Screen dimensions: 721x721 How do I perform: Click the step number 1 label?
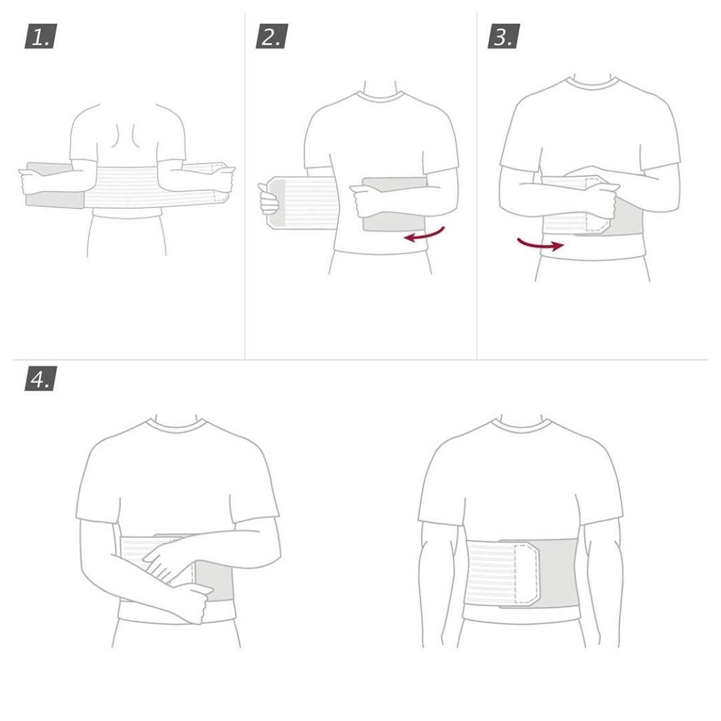click(x=41, y=37)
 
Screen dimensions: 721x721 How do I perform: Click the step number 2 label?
click(x=271, y=37)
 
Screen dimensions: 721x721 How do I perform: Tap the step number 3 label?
click(x=503, y=37)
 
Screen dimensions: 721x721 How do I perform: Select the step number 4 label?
click(x=41, y=379)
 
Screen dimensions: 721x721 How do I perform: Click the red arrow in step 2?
click(x=425, y=234)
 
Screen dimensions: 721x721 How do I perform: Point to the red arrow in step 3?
click(x=539, y=244)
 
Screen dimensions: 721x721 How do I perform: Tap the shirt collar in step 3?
click(x=589, y=85)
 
